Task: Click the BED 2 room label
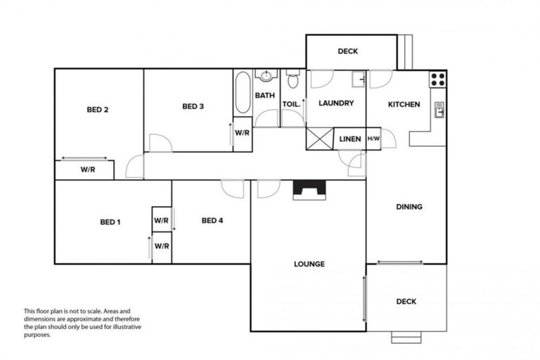click(x=97, y=109)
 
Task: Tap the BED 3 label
click(x=193, y=107)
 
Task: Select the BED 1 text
click(x=110, y=222)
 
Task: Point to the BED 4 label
click(x=212, y=221)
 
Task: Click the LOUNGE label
click(x=309, y=264)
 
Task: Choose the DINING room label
click(x=409, y=207)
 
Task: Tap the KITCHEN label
click(x=403, y=104)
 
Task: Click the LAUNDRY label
click(x=335, y=103)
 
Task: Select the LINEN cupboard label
click(x=349, y=139)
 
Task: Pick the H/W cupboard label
click(x=373, y=139)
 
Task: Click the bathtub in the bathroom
click(x=243, y=93)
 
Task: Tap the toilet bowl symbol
click(x=292, y=81)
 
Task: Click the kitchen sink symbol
click(x=439, y=110)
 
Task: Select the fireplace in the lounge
click(x=309, y=190)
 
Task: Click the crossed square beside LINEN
click(x=319, y=138)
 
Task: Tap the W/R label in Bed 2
click(x=87, y=169)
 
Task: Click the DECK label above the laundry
click(x=347, y=51)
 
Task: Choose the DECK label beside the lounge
click(x=406, y=302)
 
